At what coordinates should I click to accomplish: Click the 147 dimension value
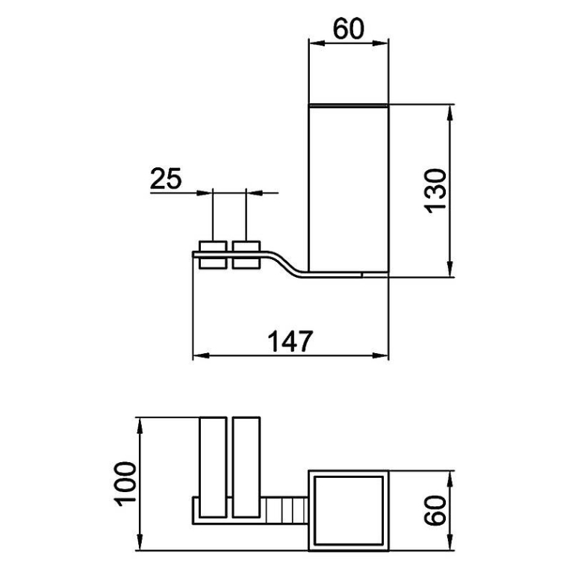(290, 341)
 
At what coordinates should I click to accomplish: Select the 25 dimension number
(166, 178)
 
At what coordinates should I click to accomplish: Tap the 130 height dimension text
(435, 191)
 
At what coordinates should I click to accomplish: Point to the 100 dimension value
(125, 484)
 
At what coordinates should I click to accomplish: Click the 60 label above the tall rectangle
(349, 29)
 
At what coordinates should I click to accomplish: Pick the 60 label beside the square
(435, 510)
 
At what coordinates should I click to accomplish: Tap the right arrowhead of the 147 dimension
(380, 355)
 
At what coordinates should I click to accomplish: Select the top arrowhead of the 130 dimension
(450, 113)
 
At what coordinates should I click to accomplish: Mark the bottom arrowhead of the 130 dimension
(450, 270)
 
